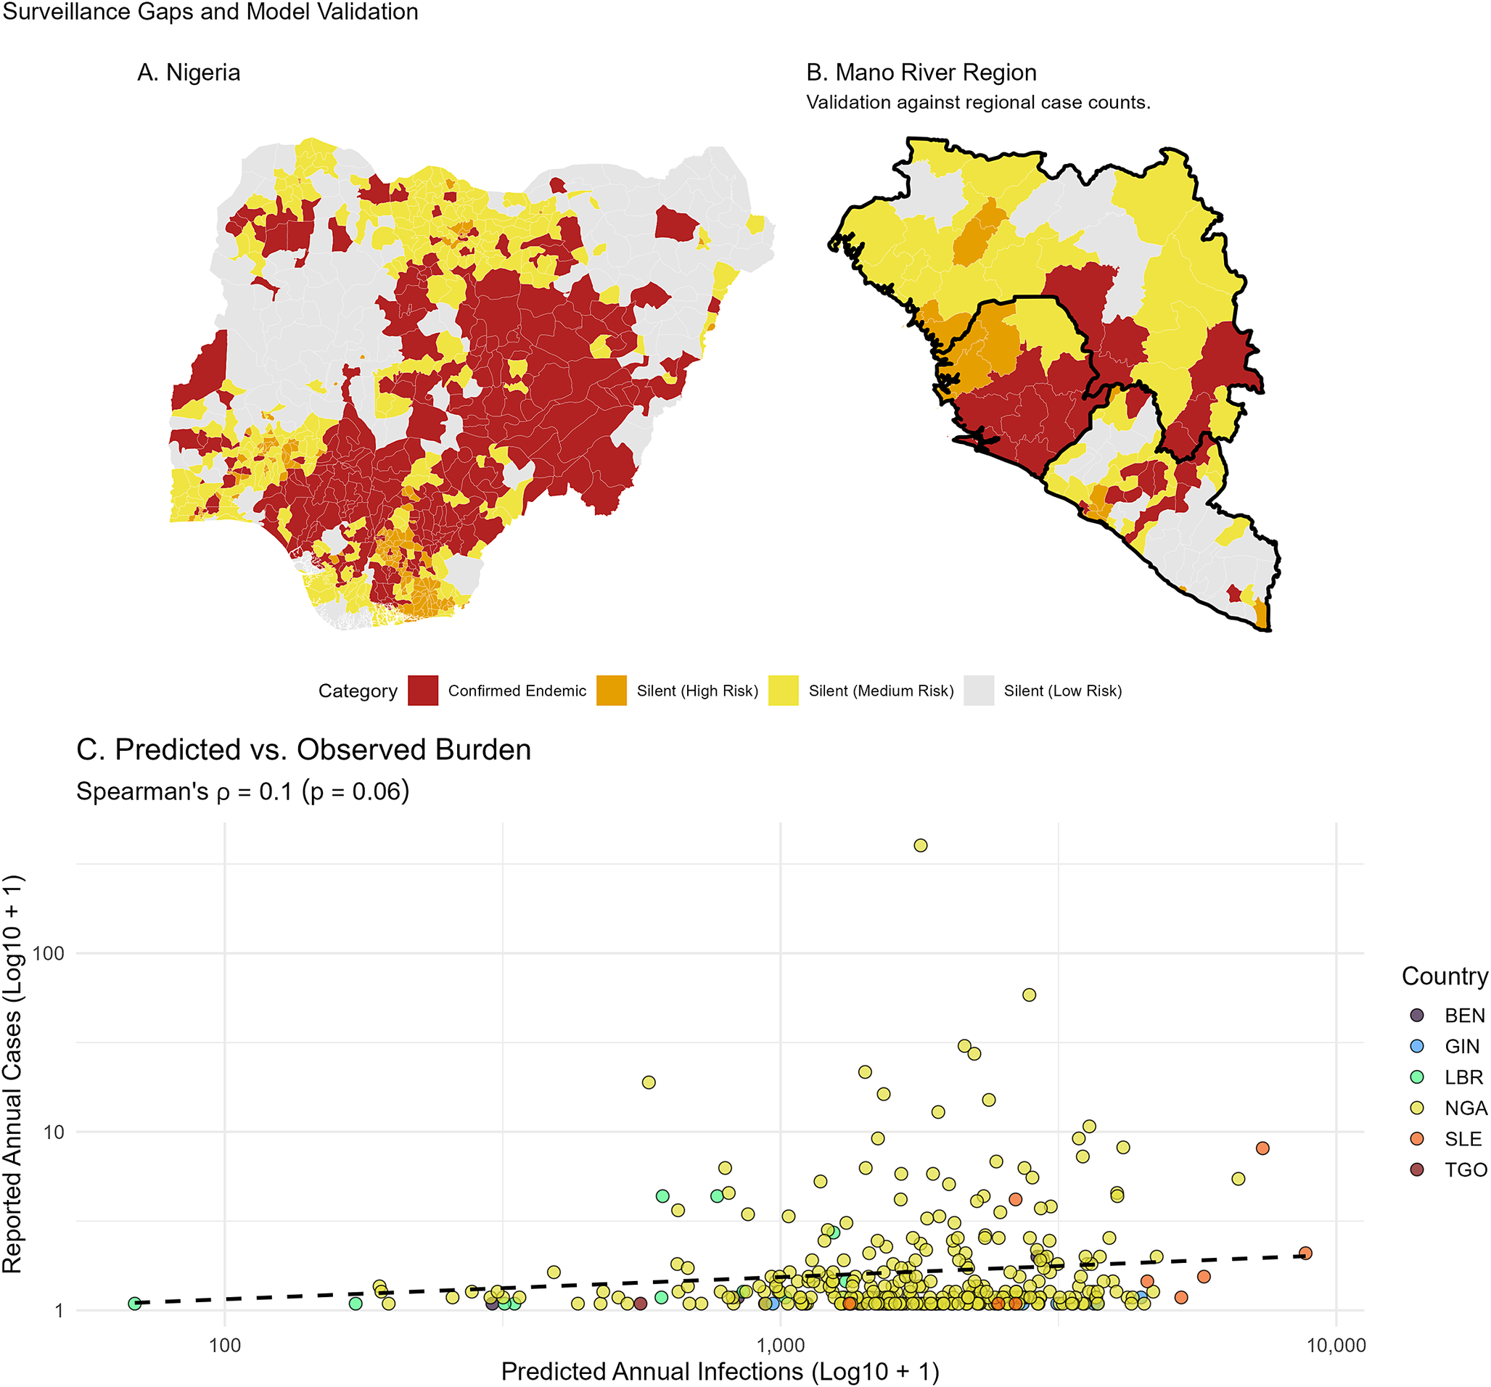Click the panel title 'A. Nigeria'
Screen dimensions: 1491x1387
188,73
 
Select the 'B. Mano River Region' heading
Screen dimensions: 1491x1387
921,73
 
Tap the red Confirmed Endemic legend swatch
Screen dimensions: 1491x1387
423,691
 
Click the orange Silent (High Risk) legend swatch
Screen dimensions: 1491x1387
611,691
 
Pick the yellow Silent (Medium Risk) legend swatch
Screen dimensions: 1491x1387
784,691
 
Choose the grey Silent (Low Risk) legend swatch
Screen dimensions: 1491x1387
979,691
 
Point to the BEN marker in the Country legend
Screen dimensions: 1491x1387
1417,1015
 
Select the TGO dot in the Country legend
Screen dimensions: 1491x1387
1417,1169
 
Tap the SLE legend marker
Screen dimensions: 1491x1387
1417,1139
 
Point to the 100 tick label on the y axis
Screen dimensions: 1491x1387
49,954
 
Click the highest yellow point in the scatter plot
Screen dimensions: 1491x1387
920,846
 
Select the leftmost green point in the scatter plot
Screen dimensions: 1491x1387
134,1304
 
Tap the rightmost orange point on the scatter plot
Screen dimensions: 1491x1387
1305,1254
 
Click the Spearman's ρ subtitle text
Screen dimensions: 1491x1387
243,791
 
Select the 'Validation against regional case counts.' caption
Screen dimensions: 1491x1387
978,102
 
